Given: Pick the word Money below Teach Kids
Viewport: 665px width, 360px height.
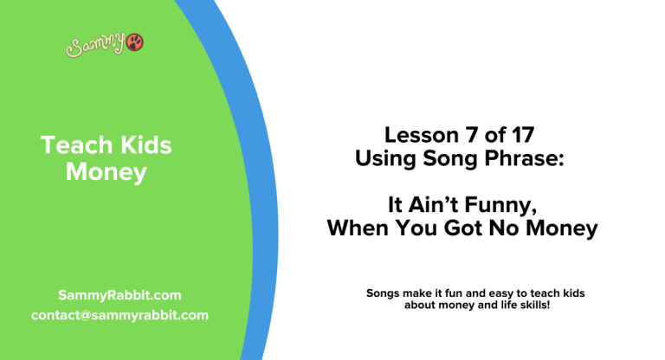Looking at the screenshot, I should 106,172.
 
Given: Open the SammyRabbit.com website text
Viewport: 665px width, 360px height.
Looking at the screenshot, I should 119,294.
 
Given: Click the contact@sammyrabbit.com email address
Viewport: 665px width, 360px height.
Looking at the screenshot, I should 119,315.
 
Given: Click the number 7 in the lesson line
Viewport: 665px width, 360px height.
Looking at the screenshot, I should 467,135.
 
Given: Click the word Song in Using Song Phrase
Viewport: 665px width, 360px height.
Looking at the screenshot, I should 446,159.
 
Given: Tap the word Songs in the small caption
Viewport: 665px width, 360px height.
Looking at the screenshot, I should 384,293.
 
